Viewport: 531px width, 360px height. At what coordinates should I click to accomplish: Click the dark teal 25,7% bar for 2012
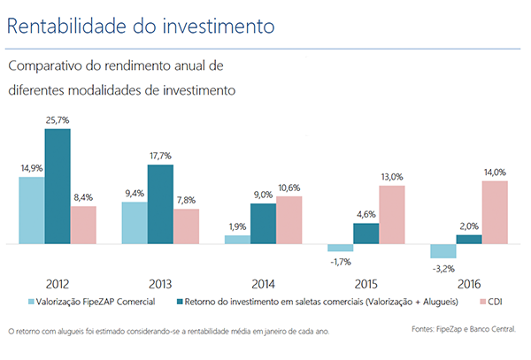click(58, 186)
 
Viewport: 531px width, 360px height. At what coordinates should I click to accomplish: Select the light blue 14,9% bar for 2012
click(31, 210)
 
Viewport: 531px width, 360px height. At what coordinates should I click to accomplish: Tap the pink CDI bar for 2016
click(494, 211)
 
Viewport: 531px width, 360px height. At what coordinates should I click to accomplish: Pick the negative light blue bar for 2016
click(442, 250)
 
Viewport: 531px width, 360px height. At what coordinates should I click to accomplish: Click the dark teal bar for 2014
click(263, 223)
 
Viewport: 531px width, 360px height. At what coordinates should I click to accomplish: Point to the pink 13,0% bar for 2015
click(391, 214)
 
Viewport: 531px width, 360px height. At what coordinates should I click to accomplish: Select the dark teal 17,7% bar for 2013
click(160, 203)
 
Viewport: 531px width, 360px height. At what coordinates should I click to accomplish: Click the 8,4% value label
click(84, 197)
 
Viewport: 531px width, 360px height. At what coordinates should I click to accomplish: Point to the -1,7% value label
click(339, 262)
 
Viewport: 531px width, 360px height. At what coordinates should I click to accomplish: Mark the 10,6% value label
click(289, 188)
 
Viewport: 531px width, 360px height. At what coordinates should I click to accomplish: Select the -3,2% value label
click(442, 267)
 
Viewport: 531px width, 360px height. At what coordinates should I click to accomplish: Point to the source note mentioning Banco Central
click(463, 330)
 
